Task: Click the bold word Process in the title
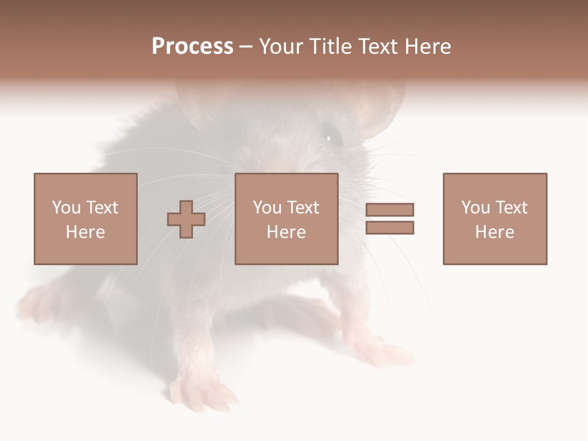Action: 192,47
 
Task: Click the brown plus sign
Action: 186,219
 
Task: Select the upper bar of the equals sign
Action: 390,209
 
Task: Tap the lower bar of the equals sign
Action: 390,228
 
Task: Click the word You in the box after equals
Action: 475,208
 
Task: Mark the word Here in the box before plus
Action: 85,232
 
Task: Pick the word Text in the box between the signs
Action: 303,208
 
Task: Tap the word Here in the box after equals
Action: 494,232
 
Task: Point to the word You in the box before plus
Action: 66,208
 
